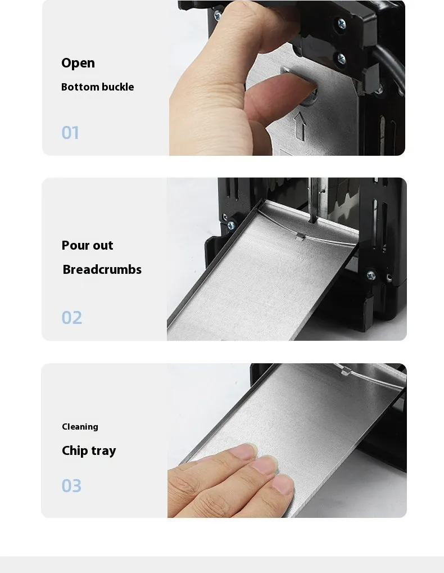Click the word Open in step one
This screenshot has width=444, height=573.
[78, 63]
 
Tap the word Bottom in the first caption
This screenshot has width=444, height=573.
[80, 87]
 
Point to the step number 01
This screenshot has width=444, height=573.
[70, 133]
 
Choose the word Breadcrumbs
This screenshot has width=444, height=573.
[102, 269]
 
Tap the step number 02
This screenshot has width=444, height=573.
[71, 318]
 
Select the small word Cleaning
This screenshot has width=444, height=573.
[80, 427]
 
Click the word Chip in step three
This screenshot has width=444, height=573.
[75, 450]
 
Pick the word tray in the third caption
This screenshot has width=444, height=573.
[104, 451]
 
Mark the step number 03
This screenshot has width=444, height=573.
[71, 486]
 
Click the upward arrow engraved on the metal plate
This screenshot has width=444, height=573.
[300, 126]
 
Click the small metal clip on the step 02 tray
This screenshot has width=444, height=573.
[301, 237]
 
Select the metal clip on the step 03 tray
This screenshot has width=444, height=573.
[345, 371]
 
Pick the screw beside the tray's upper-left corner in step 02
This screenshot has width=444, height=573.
[231, 225]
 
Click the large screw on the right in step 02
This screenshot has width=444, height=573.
[371, 275]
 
